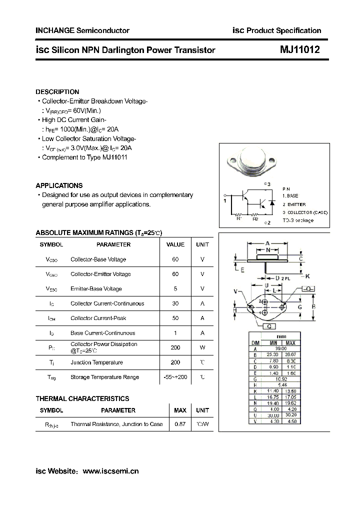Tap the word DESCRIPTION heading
pos(57,92)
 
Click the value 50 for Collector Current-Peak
pos(175,318)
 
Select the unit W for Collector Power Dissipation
pos(202,347)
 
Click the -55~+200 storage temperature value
pos(175,377)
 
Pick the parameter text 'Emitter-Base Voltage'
pos(96,288)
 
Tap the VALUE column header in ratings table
pos(175,244)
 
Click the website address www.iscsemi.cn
pos(110,471)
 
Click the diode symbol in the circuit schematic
pos(272,202)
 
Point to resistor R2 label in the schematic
pos(255,218)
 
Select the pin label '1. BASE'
pos(290,196)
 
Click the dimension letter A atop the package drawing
pos(268,243)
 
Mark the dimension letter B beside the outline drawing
pos(313,306)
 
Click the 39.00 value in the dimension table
pos(281,349)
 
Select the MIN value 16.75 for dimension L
pos(273,397)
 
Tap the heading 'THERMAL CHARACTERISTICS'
pos(82,398)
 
